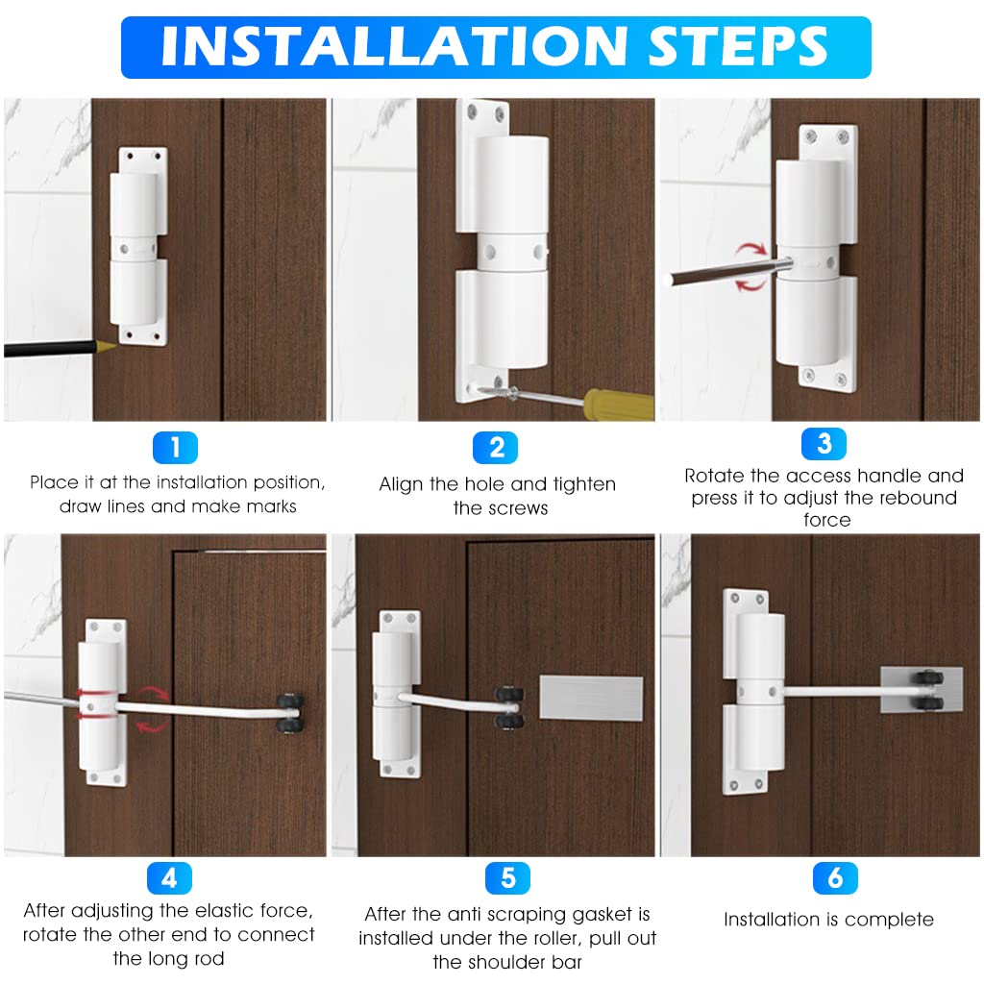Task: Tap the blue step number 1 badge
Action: point(175,447)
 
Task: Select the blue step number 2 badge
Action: point(496,448)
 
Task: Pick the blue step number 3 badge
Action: point(824,443)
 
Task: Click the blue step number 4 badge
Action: point(169,877)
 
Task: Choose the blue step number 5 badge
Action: point(507,878)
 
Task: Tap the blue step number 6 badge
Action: point(834,877)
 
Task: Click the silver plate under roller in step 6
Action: point(920,690)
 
